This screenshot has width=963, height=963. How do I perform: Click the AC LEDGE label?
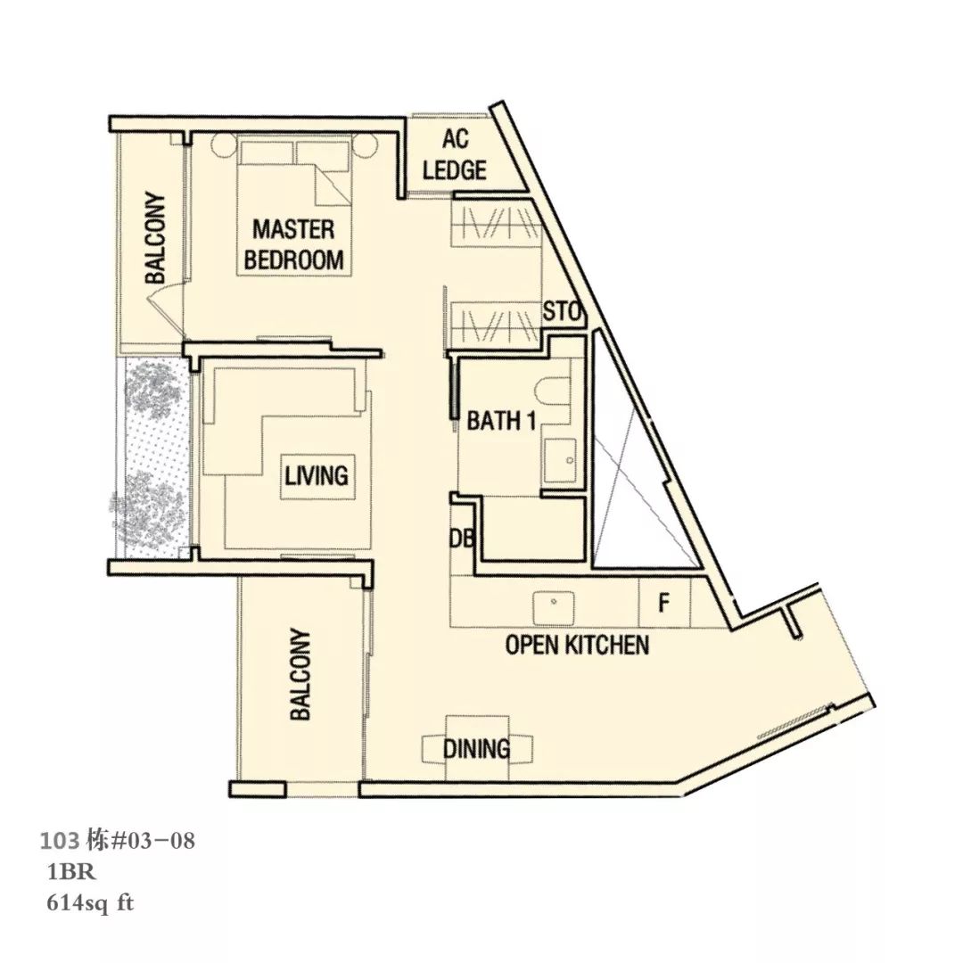[x=455, y=155]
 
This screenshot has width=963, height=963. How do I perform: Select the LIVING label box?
[x=317, y=476]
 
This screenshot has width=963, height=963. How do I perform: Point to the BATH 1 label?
[x=502, y=421]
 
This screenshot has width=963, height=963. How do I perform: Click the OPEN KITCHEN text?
[x=577, y=646]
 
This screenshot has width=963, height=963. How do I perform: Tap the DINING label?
[x=476, y=749]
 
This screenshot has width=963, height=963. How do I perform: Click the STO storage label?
[x=562, y=312]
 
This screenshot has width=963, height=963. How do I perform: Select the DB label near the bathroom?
[x=461, y=539]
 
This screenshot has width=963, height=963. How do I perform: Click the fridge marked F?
[x=664, y=603]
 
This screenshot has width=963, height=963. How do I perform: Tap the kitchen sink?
[x=554, y=605]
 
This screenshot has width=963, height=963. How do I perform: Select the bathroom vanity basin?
[x=559, y=461]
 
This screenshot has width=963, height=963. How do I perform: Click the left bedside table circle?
[x=222, y=145]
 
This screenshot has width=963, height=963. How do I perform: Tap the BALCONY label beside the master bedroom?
[x=155, y=238]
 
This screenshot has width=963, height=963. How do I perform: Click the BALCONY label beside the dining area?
[x=300, y=674]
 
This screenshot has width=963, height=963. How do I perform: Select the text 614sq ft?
[x=90, y=903]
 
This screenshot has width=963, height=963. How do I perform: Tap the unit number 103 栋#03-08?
[x=118, y=840]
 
